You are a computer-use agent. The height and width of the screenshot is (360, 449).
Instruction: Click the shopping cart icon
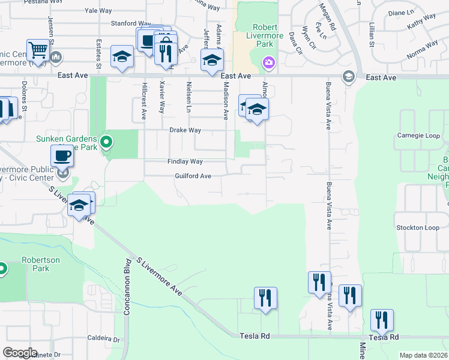pyautogui.click(x=38, y=50)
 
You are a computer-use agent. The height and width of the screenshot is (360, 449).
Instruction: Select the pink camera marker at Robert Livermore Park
pyautogui.click(x=268, y=62)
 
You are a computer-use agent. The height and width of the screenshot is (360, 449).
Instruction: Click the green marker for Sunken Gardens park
pyautogui.click(x=106, y=142)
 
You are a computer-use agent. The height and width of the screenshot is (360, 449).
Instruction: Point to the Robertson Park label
pyautogui.click(x=35, y=265)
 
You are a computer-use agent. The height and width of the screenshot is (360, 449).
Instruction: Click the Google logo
pyautogui.click(x=20, y=353)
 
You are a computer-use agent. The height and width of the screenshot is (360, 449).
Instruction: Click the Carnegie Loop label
pyautogui.click(x=418, y=135)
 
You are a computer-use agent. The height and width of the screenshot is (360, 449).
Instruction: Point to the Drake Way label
pyautogui.click(x=185, y=130)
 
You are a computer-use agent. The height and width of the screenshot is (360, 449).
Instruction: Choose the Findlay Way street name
pyautogui.click(x=184, y=161)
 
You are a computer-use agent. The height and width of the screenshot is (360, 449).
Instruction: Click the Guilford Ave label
pyautogui.click(x=193, y=176)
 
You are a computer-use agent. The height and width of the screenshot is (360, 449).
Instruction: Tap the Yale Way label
pyautogui.click(x=99, y=11)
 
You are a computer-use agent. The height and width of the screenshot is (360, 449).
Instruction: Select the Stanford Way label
pyautogui.click(x=130, y=23)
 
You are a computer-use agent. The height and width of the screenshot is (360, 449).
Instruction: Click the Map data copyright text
pyautogui.click(x=423, y=355)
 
